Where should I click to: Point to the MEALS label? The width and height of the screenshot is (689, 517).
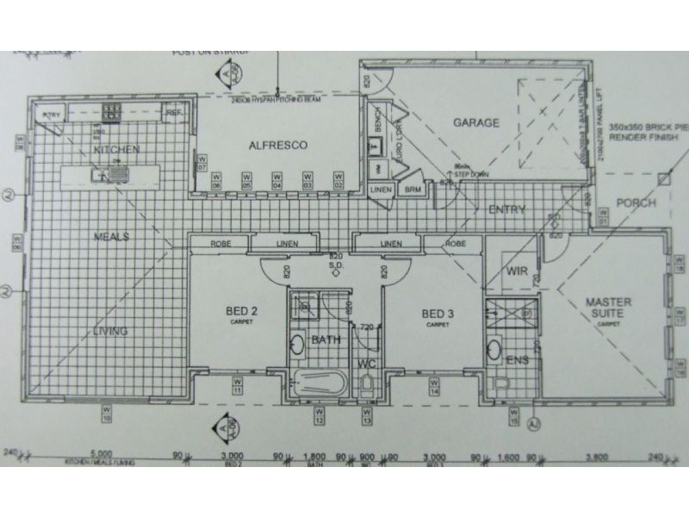[x=112, y=235]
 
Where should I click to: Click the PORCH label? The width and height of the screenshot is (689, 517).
[x=636, y=202]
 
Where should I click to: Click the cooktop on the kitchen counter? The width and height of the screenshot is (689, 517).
[x=111, y=112]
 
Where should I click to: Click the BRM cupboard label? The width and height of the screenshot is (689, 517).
[x=412, y=190]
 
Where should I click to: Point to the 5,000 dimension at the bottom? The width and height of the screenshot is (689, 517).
[x=102, y=452]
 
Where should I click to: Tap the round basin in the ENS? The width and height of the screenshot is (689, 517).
[x=494, y=350]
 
